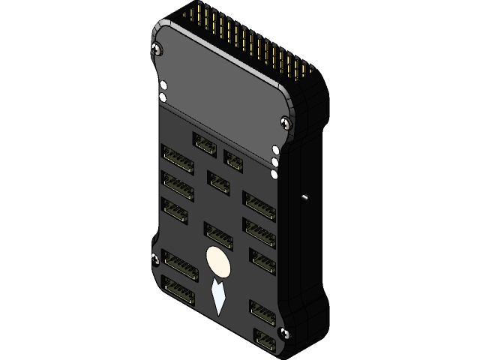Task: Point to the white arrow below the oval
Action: pos(218,297)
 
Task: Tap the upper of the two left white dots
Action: pos(163,85)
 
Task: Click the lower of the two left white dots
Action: pos(163,97)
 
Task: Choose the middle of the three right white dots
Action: pos(275,161)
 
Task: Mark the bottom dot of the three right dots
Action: pos(274,175)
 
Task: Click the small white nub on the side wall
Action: pos(304,197)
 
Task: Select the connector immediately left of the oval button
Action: pos(179,264)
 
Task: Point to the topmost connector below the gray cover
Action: pos(205,142)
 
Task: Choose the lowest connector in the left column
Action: pos(178,289)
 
